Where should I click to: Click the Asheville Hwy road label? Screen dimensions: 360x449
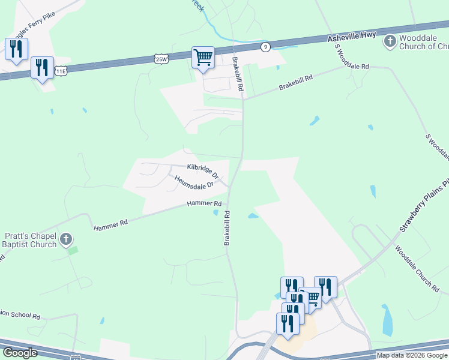point(351,37)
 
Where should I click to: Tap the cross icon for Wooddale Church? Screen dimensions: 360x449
point(390,41)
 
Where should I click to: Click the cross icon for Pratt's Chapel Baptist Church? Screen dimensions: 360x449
point(66,240)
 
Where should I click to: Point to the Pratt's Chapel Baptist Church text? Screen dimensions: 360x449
point(30,240)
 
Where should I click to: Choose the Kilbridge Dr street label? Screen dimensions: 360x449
point(203,170)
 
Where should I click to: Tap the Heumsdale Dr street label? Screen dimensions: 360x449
point(194,182)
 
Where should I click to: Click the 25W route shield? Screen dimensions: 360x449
point(161,58)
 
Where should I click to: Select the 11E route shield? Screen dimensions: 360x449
point(61,71)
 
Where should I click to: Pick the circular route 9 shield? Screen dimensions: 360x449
point(265,46)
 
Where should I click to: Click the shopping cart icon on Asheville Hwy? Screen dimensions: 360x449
point(203,58)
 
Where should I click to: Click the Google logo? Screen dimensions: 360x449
point(20,353)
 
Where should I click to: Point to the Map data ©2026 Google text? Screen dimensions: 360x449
point(412,355)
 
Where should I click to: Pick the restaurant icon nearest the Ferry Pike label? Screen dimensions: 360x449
point(16,48)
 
